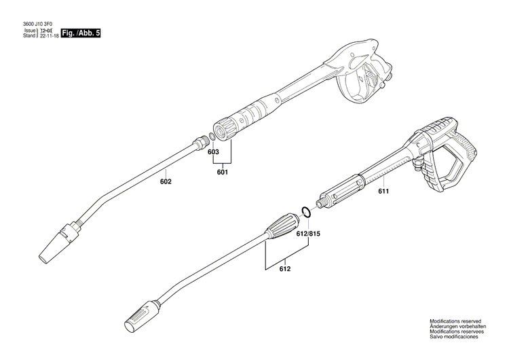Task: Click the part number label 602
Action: point(166,181)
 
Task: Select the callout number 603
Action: point(213,153)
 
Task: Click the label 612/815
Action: point(307,233)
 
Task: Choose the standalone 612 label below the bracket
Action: point(284,270)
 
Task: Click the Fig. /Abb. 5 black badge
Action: point(80,33)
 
